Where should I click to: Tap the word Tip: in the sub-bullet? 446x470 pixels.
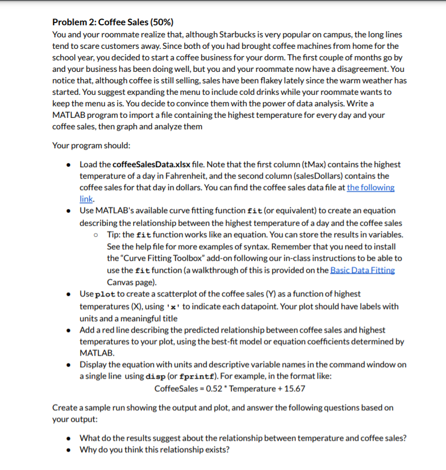(x=115, y=235)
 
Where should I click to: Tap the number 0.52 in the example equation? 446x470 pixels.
(x=215, y=388)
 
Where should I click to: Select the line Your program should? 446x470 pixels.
(x=91, y=145)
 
